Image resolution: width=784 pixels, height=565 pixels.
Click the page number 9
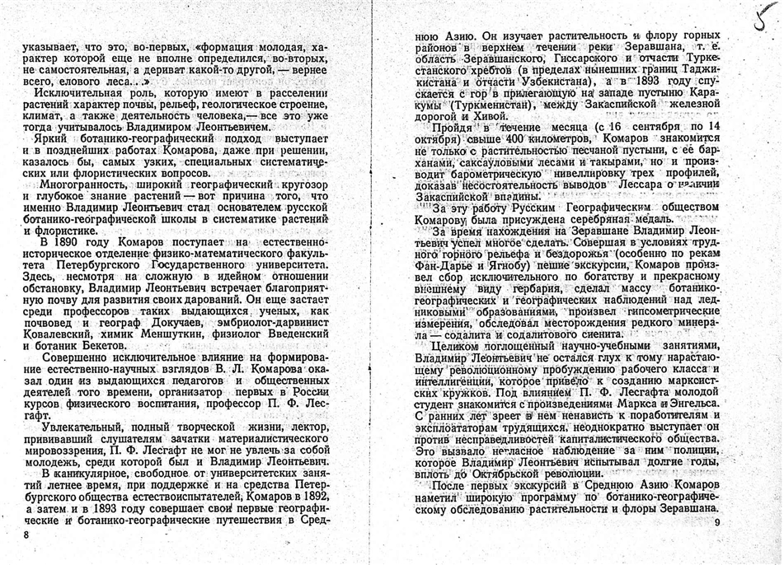717,523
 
